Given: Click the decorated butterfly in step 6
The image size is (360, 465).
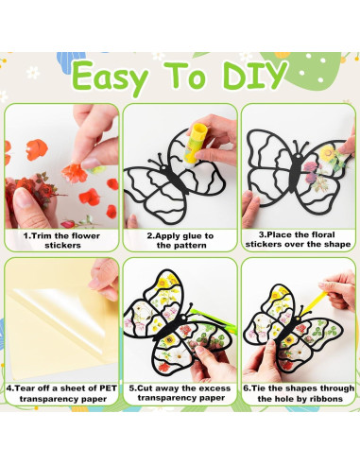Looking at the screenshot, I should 288,326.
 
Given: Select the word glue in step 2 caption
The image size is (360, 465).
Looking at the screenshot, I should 192,235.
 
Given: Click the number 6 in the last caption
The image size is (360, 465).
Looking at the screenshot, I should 248,386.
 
